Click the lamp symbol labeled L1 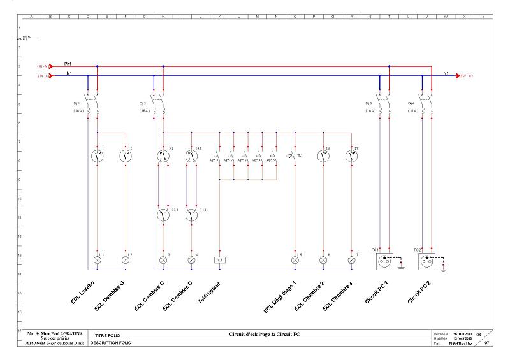point(98,260)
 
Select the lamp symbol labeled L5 point(295,260)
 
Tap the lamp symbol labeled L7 point(351,260)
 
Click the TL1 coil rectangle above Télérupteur point(219,260)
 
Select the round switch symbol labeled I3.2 point(164,215)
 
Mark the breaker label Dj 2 point(143,103)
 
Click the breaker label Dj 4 point(411,103)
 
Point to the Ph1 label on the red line point(68,64)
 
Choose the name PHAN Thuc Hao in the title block point(462,343)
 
